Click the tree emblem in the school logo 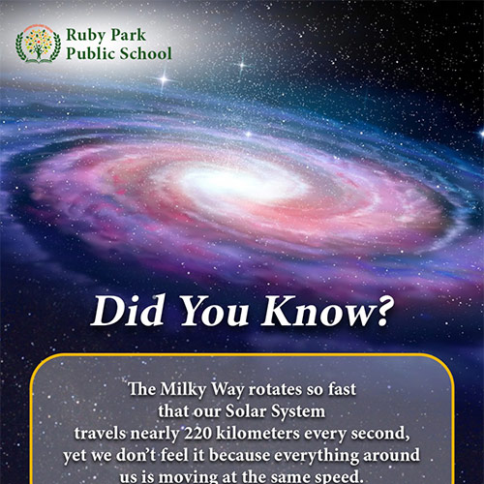point(37,43)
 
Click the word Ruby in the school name point(85,36)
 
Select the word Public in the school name point(90,52)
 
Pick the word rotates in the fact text point(271,390)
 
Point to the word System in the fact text point(304,412)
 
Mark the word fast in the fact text point(340,390)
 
